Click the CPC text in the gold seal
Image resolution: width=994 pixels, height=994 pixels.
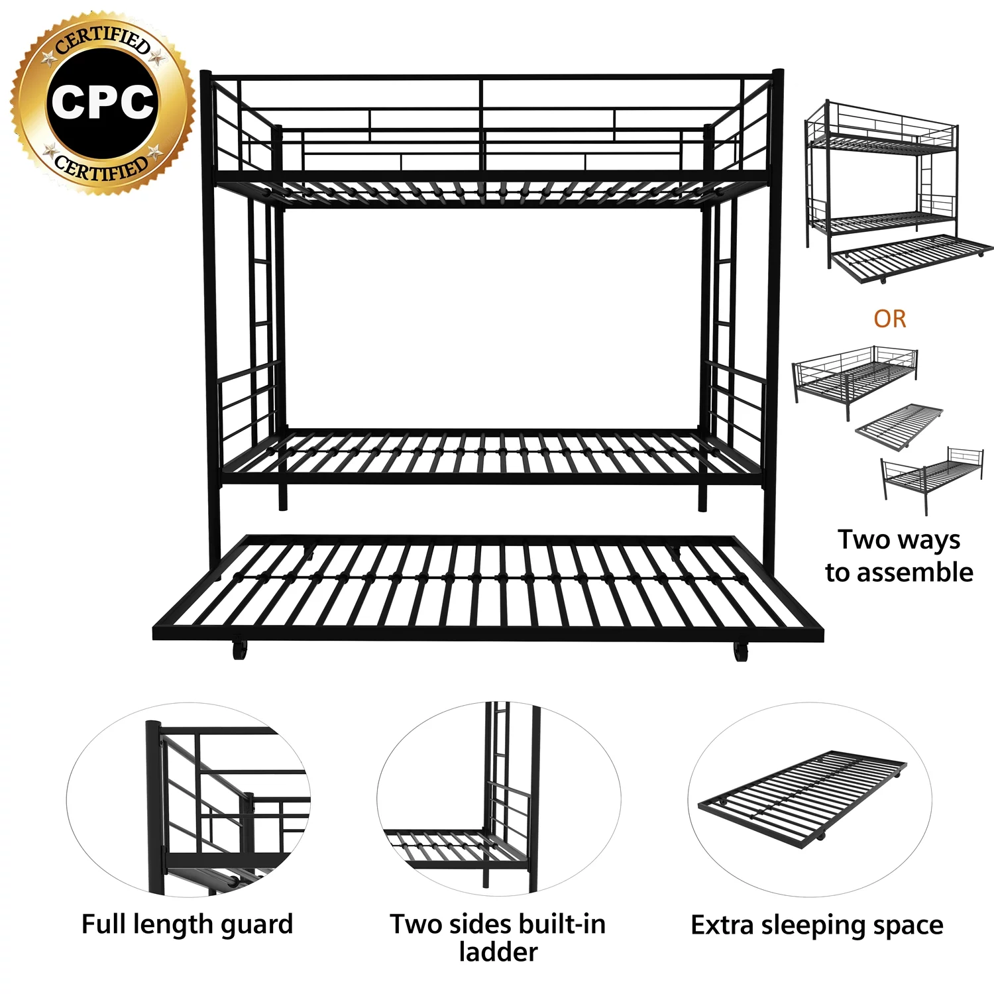click(x=103, y=103)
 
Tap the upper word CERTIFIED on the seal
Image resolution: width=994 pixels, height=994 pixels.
click(x=103, y=38)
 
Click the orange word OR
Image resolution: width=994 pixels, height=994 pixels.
click(x=889, y=319)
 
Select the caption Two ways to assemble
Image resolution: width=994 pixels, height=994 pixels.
click(x=899, y=556)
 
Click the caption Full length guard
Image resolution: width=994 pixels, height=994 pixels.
click(x=187, y=924)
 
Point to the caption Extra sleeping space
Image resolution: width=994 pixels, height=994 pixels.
click(x=817, y=924)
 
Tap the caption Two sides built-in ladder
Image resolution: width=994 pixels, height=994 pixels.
click(x=498, y=937)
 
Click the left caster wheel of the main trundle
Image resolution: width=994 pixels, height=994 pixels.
click(x=239, y=650)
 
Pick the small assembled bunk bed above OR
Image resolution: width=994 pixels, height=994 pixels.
click(x=898, y=192)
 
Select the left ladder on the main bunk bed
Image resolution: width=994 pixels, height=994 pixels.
click(x=260, y=318)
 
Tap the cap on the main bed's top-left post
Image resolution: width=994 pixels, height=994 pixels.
click(x=206, y=74)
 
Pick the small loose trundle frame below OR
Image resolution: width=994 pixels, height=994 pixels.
click(x=899, y=426)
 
